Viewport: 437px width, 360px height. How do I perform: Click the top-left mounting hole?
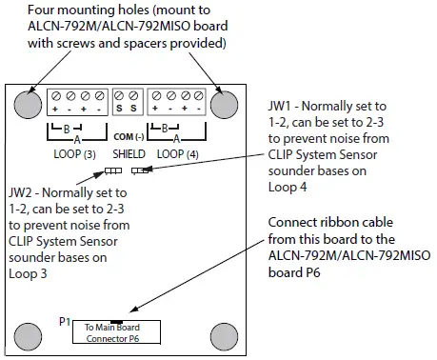[27, 102]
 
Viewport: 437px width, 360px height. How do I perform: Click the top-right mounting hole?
[225, 102]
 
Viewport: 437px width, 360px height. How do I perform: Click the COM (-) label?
[127, 121]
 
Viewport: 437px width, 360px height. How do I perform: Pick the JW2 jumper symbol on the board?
[112, 172]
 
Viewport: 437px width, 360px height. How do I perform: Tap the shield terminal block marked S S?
[127, 98]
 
